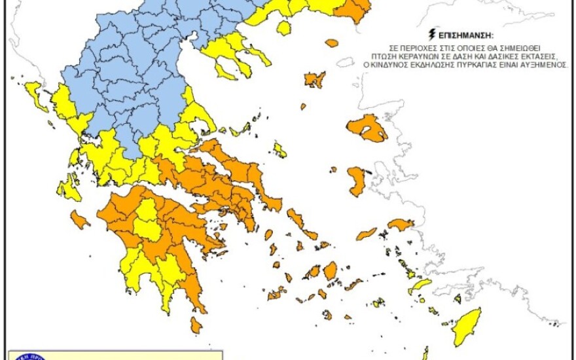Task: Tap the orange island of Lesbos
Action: (x=367, y=128)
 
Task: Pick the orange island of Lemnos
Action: (x=315, y=79)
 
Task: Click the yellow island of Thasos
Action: (x=283, y=28)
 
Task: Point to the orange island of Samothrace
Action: (x=332, y=43)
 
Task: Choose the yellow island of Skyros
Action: (x=279, y=151)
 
